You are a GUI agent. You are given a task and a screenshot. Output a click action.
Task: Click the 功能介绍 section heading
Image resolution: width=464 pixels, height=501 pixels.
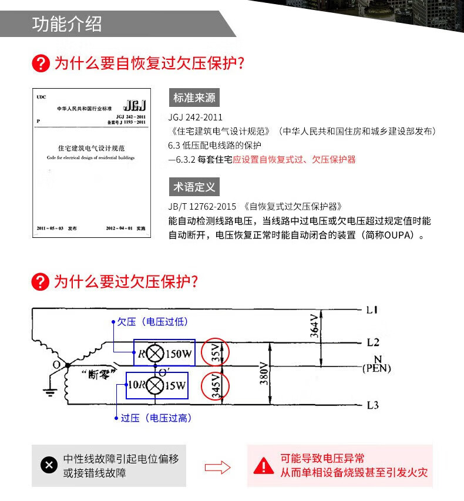(67, 24)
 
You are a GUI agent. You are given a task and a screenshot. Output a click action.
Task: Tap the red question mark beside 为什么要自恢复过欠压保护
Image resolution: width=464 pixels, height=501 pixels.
(40, 63)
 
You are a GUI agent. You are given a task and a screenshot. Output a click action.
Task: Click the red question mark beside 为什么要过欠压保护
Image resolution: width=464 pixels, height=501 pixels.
(40, 282)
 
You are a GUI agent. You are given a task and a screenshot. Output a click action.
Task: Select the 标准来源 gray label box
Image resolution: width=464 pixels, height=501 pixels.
(194, 97)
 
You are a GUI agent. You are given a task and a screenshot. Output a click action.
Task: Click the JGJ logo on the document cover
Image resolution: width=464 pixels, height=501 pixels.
(135, 106)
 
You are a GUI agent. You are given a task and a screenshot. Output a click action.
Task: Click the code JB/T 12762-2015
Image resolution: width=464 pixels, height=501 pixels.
(202, 207)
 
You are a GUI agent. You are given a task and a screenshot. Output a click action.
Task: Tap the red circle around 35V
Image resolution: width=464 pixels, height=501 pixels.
(214, 354)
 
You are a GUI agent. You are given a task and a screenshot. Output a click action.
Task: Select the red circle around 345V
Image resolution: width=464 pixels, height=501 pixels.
(214, 386)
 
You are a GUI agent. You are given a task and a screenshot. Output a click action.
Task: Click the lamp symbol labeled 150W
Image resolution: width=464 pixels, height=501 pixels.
(155, 354)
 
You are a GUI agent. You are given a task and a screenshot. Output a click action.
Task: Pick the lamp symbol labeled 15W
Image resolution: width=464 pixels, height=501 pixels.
(155, 386)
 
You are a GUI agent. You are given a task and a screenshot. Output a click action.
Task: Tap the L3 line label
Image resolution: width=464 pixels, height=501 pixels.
(373, 405)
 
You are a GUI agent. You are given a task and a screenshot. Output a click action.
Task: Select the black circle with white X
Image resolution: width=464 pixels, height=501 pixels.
(49, 466)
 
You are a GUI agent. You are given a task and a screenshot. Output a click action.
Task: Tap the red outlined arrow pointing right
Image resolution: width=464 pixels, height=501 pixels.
(217, 468)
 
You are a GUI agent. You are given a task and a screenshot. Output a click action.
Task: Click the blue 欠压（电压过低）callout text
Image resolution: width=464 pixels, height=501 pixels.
(152, 322)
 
